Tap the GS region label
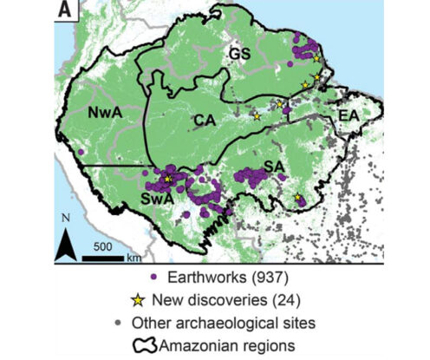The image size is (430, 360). click(x=239, y=54)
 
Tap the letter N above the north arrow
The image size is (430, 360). click(x=65, y=218)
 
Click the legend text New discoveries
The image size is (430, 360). click(x=205, y=301)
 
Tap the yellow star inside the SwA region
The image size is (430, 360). click(x=168, y=178)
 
